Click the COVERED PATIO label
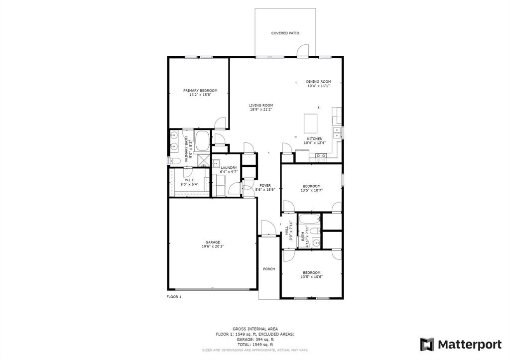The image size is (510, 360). (x=285, y=33)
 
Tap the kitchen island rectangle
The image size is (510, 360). (x=311, y=121)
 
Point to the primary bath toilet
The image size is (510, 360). (x=174, y=161)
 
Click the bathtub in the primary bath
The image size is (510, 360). (x=203, y=141)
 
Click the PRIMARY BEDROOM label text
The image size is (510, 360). (x=200, y=91)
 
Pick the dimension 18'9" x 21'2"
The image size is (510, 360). (x=261, y=110)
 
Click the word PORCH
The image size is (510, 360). (x=269, y=269)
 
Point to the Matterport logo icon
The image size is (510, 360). (x=427, y=344)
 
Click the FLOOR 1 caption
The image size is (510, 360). (x=174, y=297)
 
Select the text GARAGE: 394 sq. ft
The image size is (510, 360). (x=255, y=340)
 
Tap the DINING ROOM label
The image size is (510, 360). (x=318, y=82)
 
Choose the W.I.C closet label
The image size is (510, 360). (x=189, y=180)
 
